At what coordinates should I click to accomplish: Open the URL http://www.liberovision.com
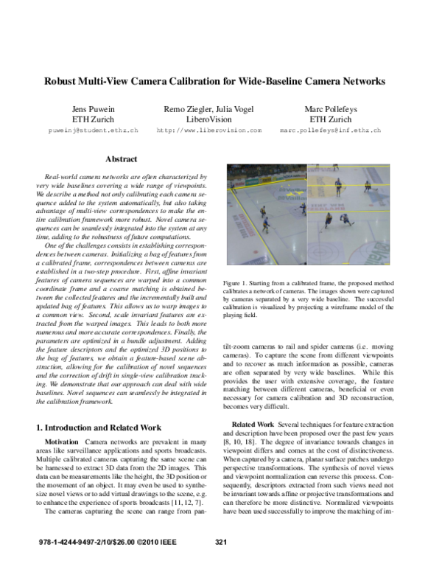click(x=209, y=130)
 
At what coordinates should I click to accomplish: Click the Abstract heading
click(x=122, y=159)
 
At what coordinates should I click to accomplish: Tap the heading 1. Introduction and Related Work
click(x=99, y=428)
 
